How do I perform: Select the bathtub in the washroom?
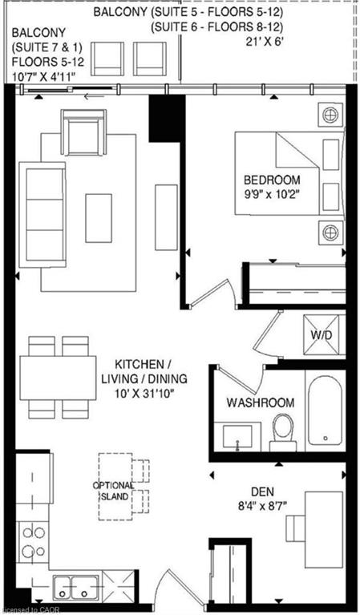(325, 410)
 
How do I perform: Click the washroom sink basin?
(237, 436)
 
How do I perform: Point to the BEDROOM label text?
(272, 180)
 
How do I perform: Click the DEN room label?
(262, 492)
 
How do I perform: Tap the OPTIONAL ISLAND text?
(114, 491)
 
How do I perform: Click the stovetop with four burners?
(33, 542)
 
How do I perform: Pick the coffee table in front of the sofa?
(99, 218)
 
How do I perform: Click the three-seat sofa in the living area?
(42, 215)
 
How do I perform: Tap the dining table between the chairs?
(58, 378)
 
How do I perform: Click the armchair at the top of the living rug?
(83, 132)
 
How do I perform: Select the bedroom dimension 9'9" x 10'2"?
(272, 196)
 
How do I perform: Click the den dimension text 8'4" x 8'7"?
(263, 506)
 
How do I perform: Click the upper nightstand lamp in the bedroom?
(330, 115)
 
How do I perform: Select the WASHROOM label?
(261, 403)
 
